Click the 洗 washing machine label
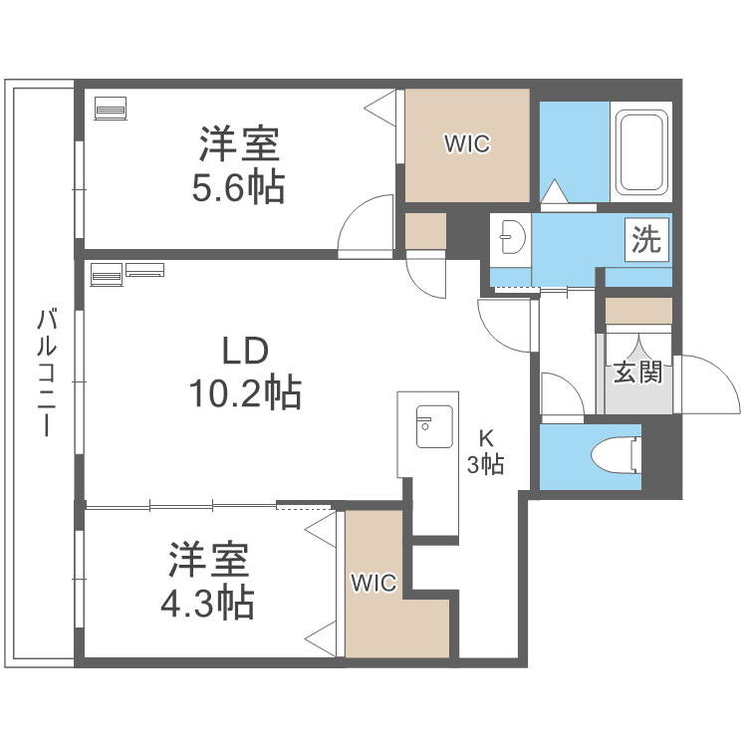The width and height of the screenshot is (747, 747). pyautogui.click(x=647, y=241)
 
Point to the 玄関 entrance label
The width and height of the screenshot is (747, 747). pyautogui.click(x=636, y=373)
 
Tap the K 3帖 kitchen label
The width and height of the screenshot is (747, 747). pyautogui.click(x=486, y=450)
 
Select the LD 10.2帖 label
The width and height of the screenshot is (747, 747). pyautogui.click(x=245, y=373)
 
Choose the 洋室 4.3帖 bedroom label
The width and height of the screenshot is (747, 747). pyautogui.click(x=209, y=581)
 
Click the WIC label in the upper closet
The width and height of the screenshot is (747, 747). pyautogui.click(x=466, y=144)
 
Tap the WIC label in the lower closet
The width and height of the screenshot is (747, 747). pyautogui.click(x=373, y=584)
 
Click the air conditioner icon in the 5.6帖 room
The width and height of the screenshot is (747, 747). pyautogui.click(x=110, y=107)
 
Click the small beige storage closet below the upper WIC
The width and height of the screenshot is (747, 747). pyautogui.click(x=425, y=231)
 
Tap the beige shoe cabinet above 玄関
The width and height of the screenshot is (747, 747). pyautogui.click(x=638, y=311)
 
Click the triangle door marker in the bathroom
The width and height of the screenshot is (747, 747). pyautogui.click(x=555, y=191)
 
